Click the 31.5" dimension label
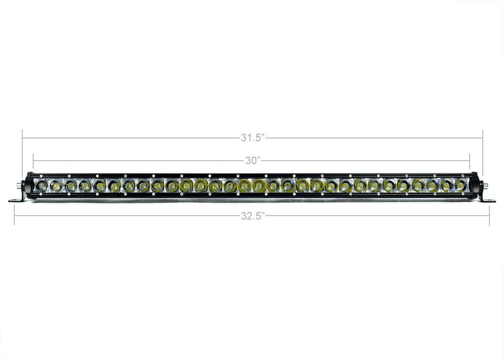coord(252,138)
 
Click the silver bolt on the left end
coord(18,185)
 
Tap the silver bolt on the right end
coord(485,186)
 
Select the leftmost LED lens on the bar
coord(42,186)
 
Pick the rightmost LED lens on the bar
coord(461,186)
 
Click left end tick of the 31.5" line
coord(23,138)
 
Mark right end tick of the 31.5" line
coord(482,138)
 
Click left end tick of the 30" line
coord(33,161)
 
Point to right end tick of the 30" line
coord(470,161)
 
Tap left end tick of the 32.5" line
coord(15,216)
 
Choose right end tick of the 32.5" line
coord(489,216)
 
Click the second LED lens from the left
coord(56,186)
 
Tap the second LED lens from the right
coord(446,186)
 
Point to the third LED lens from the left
coord(71,186)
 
